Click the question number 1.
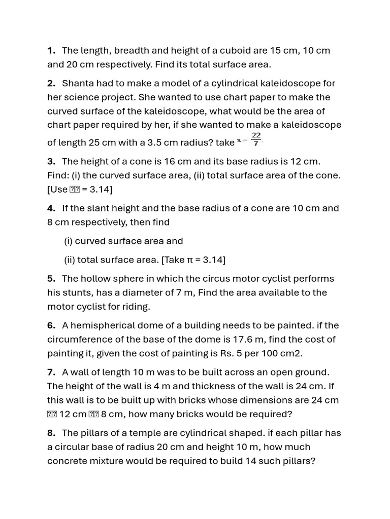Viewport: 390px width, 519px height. (x=51, y=51)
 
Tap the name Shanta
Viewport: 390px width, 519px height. (x=78, y=83)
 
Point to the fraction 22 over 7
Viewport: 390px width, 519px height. (x=256, y=139)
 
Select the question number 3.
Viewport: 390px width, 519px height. (x=51, y=161)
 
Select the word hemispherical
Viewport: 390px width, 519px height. (x=103, y=325)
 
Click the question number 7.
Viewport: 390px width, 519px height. (x=51, y=372)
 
